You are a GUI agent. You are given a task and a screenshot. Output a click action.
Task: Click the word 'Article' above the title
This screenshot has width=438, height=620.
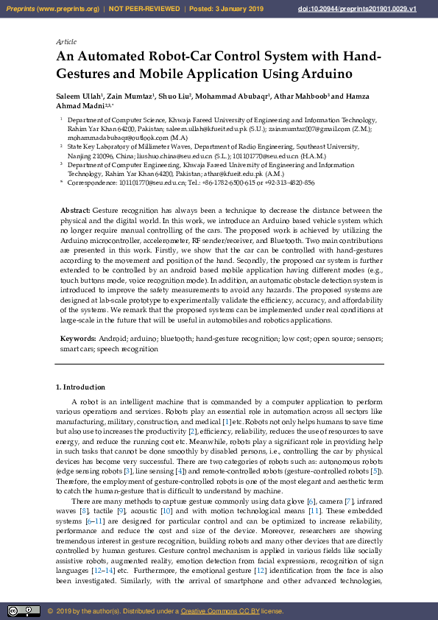click(x=66, y=42)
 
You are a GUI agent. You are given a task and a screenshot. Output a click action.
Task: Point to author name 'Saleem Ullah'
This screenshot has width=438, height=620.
click(x=78, y=96)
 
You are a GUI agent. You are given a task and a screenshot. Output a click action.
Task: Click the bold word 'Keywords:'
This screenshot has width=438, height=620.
click(x=77, y=339)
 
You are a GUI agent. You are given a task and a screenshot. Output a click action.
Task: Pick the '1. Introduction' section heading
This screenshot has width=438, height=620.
click(x=81, y=387)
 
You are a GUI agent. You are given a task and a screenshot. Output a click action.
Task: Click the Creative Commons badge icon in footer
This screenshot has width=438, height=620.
click(x=24, y=611)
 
